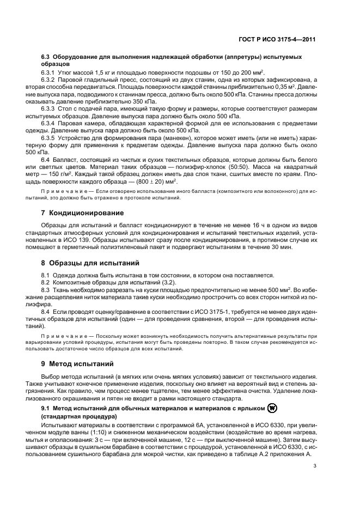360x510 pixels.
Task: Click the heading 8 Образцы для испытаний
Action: [x=90, y=262]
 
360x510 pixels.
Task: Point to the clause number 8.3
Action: [x=47, y=289]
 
